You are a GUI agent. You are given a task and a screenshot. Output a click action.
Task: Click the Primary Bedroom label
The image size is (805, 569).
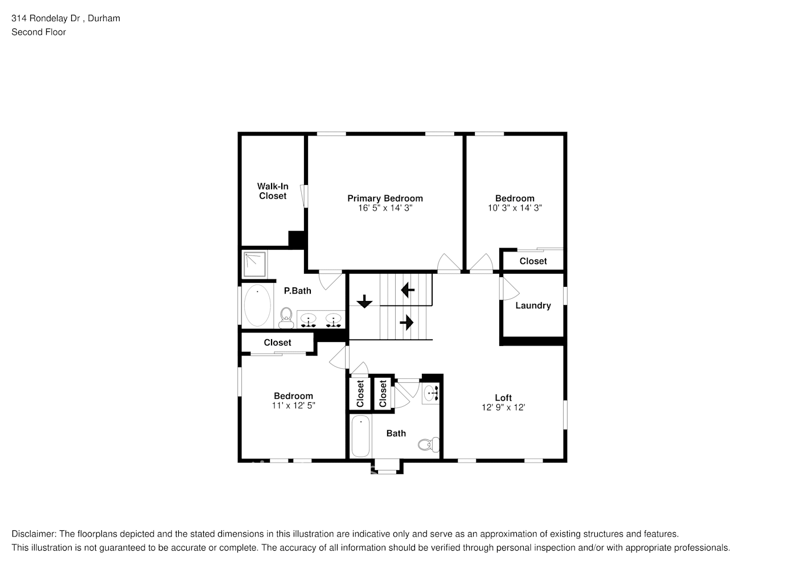tap(385, 199)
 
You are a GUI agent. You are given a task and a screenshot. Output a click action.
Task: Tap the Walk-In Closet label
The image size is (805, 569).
tap(273, 191)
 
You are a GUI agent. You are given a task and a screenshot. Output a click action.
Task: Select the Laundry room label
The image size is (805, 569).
tap(533, 306)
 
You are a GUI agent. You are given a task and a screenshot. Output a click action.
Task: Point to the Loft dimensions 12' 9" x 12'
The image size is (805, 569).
tap(503, 407)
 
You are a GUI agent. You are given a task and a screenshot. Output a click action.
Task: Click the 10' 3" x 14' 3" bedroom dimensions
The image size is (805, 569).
tap(515, 208)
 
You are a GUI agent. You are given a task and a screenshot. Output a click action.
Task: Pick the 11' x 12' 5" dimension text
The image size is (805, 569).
tap(293, 406)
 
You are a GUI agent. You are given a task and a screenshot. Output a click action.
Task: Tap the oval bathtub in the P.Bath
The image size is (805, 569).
tap(257, 306)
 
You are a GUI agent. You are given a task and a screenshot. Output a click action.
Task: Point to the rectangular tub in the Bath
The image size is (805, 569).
tap(360, 436)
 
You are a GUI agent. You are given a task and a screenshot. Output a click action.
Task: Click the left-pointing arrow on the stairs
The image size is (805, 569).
tap(408, 290)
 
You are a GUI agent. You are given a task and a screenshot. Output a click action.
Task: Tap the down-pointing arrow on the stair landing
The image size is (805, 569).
tap(364, 301)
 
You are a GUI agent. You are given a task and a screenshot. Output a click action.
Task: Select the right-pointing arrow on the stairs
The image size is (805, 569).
tap(406, 323)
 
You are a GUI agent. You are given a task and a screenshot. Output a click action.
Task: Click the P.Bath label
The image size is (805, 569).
tap(297, 291)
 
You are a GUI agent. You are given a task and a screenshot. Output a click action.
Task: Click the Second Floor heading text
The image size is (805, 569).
tap(39, 32)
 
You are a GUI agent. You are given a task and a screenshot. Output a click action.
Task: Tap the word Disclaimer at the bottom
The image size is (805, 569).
tap(34, 534)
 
